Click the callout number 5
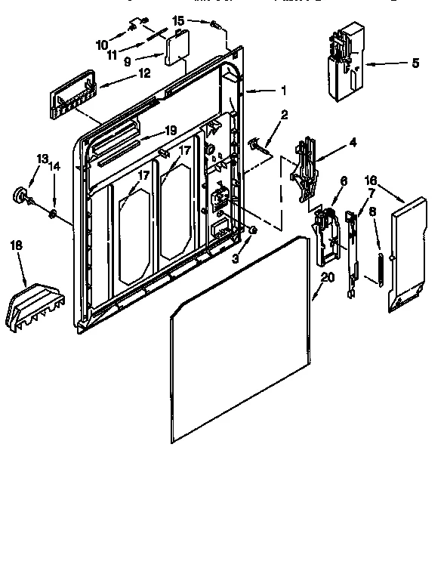(x=415, y=64)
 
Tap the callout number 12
(x=143, y=73)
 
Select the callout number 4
(x=331, y=141)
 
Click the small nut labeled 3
(x=253, y=230)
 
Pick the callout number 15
(x=177, y=20)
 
